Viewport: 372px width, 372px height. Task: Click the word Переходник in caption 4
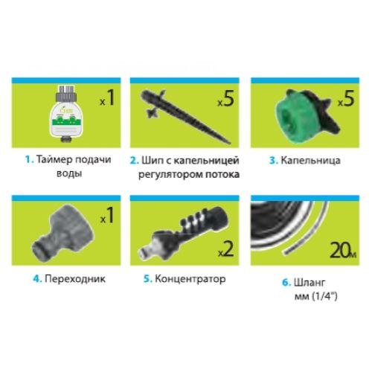tap(74, 280)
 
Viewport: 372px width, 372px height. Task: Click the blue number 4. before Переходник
tap(37, 280)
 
